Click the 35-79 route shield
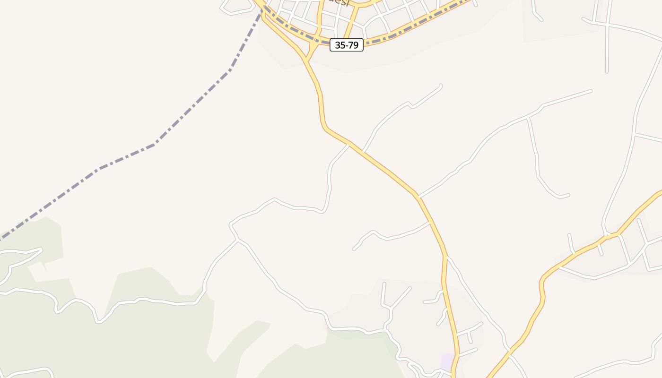click(x=347, y=45)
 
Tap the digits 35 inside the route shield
click(x=340, y=45)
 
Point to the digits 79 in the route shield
click(x=353, y=45)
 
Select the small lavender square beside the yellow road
click(x=447, y=362)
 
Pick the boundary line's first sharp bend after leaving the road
click(x=230, y=70)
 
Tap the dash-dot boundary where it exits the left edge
click(x=1, y=239)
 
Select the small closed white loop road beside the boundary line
click(x=236, y=6)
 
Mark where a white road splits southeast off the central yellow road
click(x=447, y=258)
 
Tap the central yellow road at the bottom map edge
click(x=453, y=375)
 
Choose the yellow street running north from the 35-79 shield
click(x=352, y=24)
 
